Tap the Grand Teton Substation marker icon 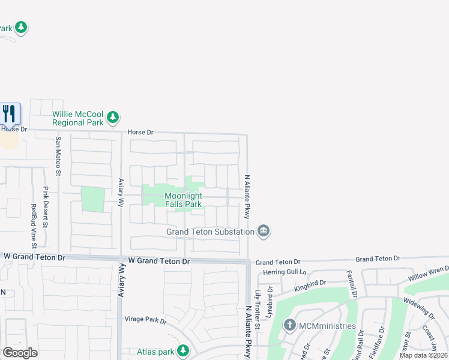[263, 231]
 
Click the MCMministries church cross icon [290, 326]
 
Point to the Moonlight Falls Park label [183, 200]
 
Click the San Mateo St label [58, 157]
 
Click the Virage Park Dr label [145, 320]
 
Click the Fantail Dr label [352, 284]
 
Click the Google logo [20, 353]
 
